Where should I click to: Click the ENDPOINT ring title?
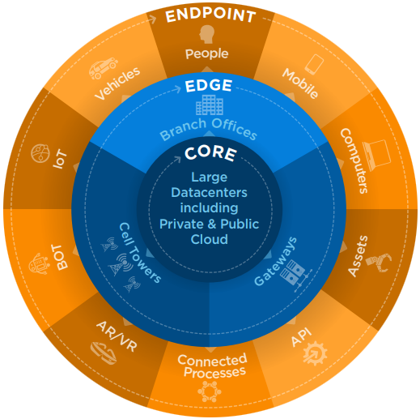click(210, 15)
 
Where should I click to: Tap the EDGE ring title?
click(209, 86)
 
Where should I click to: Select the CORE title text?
click(210, 153)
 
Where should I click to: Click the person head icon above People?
click(207, 34)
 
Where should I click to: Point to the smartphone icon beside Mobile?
click(314, 64)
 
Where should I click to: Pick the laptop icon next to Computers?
click(377, 155)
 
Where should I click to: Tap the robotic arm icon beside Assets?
click(379, 263)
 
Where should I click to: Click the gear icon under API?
click(315, 353)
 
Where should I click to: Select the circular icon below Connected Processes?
click(210, 391)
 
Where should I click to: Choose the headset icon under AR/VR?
click(104, 353)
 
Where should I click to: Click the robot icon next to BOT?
click(40, 264)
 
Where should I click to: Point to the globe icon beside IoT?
click(40, 153)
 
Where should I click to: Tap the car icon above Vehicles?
click(104, 68)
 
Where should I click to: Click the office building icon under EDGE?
click(210, 105)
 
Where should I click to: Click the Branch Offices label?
click(208, 129)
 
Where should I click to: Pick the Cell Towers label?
click(140, 253)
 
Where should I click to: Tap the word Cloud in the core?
click(210, 239)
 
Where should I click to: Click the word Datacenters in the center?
click(209, 193)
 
